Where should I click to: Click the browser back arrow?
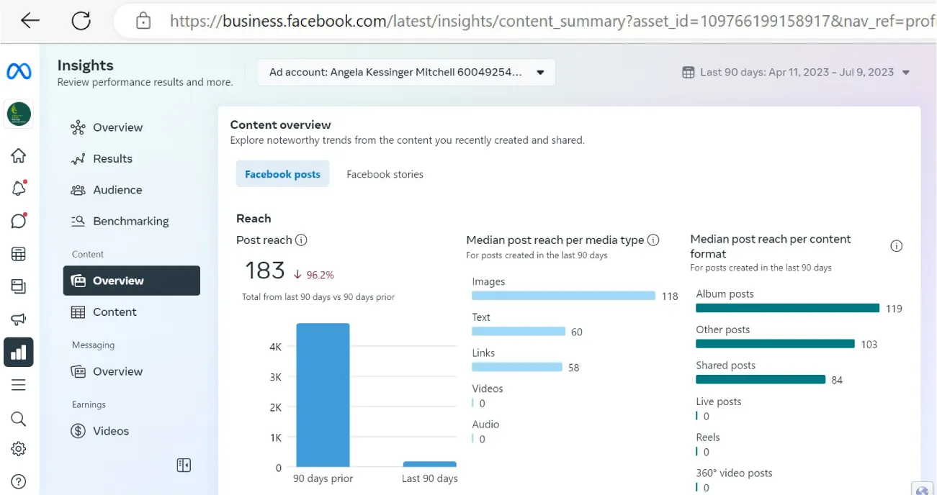[x=30, y=20]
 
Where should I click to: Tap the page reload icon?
[x=81, y=20]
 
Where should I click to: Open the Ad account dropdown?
[x=406, y=72]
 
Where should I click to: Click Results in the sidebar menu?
[x=112, y=159]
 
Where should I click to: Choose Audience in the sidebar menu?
[x=117, y=190]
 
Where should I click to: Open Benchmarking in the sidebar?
[x=130, y=221]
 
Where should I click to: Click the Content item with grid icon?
[x=114, y=312]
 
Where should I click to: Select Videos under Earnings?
[x=110, y=431]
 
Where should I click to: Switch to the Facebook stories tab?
[x=385, y=174]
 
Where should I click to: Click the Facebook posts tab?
[x=282, y=174]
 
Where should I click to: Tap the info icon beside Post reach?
[x=301, y=240]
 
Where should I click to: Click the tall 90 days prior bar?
[x=323, y=395]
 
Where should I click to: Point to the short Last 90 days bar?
[x=429, y=464]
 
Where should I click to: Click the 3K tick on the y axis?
[x=275, y=377]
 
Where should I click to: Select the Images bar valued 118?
[x=563, y=296]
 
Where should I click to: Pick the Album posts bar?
[x=787, y=308]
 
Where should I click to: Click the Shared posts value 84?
[x=837, y=380]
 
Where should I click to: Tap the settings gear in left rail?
[x=19, y=449]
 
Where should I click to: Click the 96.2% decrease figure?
[x=320, y=275]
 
